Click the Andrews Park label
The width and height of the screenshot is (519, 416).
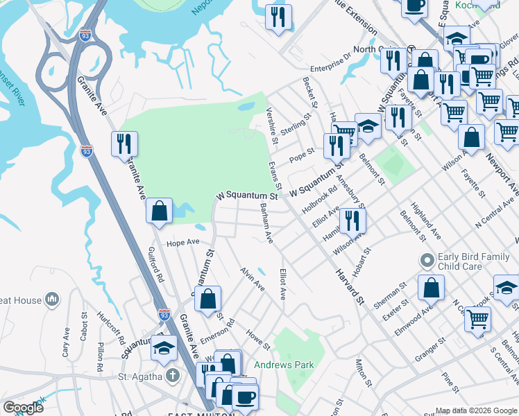tap(293, 365)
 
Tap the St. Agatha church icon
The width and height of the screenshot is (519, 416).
tap(172, 376)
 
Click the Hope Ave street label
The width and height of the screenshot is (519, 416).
tap(182, 243)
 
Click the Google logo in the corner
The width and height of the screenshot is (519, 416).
tap(23, 408)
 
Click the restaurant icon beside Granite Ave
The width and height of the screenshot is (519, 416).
tap(124, 144)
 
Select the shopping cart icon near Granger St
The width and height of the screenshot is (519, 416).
tap(478, 319)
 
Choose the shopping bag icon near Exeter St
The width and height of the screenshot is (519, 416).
tap(431, 286)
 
